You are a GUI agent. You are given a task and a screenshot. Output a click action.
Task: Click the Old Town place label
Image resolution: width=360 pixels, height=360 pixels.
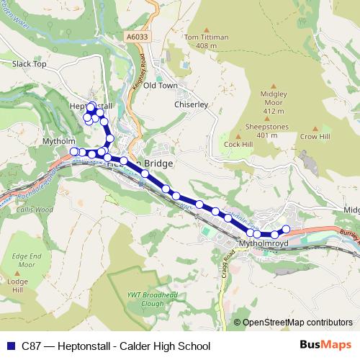click(160, 85)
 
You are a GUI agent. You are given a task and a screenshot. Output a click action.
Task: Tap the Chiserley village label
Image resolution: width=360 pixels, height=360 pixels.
click(191, 104)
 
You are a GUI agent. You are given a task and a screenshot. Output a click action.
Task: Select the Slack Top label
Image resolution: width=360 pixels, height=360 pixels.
click(29, 64)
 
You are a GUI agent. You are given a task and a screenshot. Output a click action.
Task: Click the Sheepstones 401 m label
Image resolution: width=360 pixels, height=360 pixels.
click(261, 130)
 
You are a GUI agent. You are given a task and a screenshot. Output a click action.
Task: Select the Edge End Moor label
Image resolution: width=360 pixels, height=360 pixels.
click(27, 259)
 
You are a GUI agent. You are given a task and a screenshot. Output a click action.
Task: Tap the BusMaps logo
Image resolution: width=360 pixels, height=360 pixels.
click(320, 345)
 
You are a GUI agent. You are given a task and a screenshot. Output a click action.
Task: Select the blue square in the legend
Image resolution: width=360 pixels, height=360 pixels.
click(12, 346)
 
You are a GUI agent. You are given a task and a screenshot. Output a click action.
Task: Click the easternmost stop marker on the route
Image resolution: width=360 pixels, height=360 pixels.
click(286, 229)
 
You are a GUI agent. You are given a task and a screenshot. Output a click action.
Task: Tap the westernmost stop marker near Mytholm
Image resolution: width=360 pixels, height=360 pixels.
click(73, 151)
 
